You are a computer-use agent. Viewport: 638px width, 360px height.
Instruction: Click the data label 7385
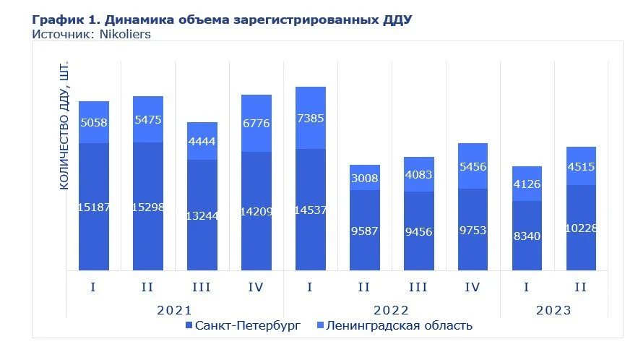tap(310, 119)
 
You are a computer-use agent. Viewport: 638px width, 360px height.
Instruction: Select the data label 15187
tap(93, 208)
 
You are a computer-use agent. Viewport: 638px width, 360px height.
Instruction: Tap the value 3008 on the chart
tap(364, 178)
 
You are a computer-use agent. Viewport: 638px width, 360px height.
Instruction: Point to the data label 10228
tap(581, 228)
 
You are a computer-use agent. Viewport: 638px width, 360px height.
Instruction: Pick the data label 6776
tap(256, 124)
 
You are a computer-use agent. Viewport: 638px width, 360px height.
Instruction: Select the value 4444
tap(202, 142)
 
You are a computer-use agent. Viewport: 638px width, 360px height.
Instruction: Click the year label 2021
tap(175, 310)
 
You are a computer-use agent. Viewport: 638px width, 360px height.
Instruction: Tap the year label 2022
tap(392, 310)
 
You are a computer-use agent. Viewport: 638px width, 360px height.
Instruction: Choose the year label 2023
tap(553, 310)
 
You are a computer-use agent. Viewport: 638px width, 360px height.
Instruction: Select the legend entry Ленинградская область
tap(399, 326)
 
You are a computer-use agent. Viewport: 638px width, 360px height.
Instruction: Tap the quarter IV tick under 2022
tap(473, 287)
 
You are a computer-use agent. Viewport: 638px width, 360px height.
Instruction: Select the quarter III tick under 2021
tap(202, 287)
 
